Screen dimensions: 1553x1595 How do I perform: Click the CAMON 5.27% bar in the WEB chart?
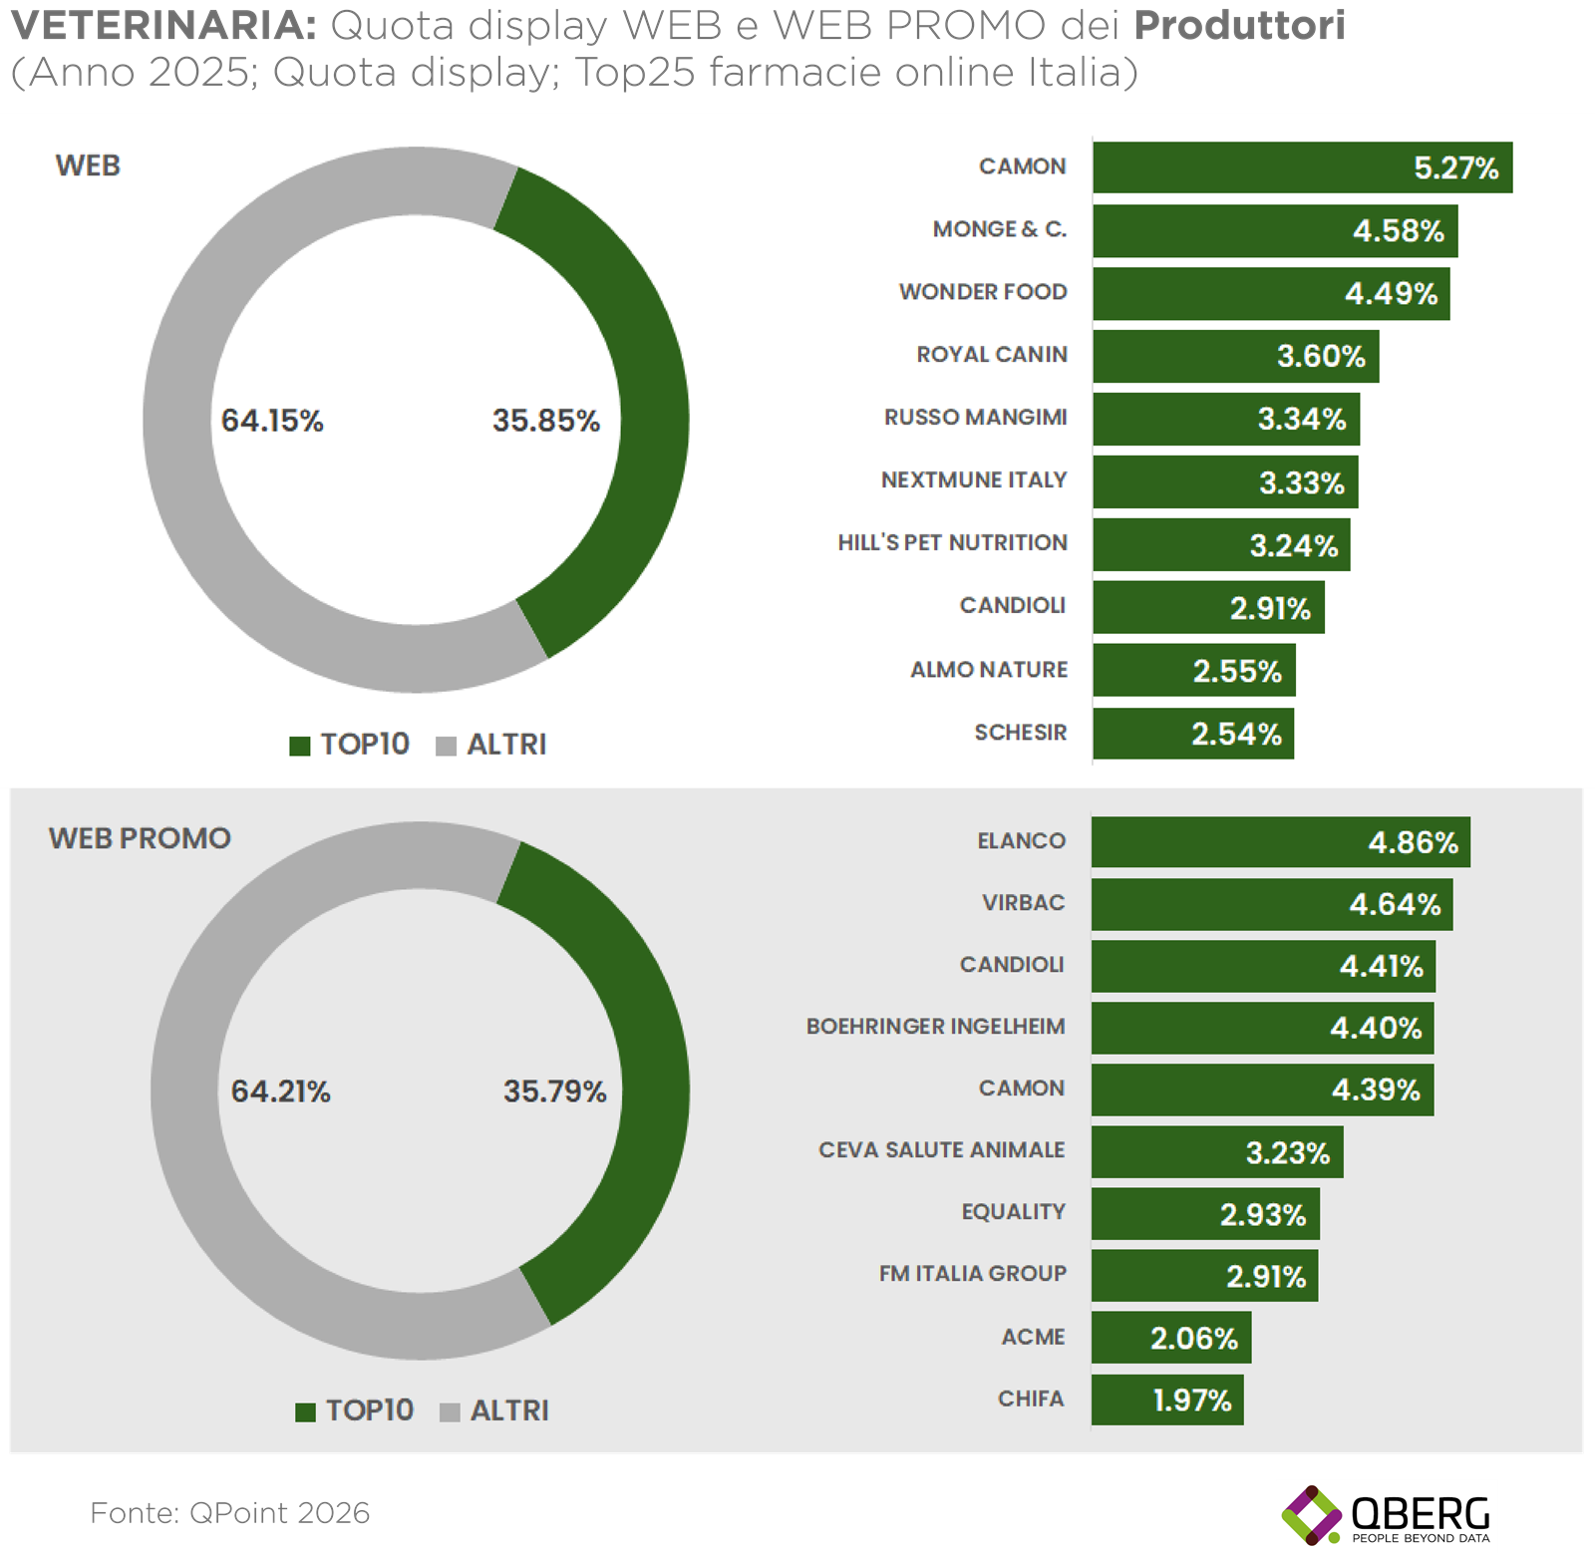point(1301,167)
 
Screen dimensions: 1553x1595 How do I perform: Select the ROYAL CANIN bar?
point(1235,356)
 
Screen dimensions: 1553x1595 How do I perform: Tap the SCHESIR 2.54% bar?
point(1192,734)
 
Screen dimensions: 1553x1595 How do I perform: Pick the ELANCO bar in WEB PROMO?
point(1280,842)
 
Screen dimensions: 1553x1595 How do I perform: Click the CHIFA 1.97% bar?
point(1166,1399)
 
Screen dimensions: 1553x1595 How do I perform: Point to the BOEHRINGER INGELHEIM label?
point(935,1027)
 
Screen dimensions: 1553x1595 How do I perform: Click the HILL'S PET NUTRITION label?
point(952,543)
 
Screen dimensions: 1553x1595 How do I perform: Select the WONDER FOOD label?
point(983,292)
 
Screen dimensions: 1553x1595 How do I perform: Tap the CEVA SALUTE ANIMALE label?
point(941,1150)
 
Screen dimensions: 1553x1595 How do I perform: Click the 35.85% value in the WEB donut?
point(546,421)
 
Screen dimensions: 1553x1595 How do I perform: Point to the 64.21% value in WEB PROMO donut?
point(280,1091)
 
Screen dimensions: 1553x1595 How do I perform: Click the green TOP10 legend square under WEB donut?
point(299,746)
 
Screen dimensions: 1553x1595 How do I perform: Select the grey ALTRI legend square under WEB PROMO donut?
point(450,1412)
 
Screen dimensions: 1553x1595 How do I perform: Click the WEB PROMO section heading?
point(140,838)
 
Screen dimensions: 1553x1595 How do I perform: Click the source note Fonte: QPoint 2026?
point(230,1513)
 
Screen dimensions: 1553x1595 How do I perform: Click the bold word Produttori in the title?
point(1239,26)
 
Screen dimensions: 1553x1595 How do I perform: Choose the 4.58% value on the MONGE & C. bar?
point(1398,231)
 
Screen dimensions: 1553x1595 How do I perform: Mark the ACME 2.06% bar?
point(1170,1338)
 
